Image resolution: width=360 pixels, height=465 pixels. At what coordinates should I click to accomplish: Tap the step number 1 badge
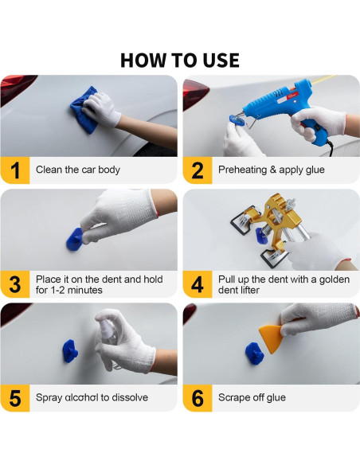(15, 170)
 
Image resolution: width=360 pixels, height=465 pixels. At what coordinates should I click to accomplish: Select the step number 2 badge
(198, 170)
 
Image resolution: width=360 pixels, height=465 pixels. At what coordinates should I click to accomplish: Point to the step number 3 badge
(15, 284)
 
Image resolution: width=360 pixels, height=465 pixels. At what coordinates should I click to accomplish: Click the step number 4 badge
(198, 284)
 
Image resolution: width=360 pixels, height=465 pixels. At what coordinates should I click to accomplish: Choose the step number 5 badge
(15, 398)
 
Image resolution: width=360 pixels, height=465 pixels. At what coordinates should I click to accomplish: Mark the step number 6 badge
(198, 398)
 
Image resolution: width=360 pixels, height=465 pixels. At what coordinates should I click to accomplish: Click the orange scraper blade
(272, 338)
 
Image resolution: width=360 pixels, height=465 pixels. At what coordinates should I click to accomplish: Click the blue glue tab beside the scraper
(254, 354)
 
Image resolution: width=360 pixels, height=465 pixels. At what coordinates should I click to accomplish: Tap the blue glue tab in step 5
(70, 351)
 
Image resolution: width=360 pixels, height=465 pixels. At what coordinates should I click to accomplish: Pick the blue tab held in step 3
(74, 240)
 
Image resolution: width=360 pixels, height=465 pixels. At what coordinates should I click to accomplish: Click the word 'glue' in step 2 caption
(315, 170)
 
